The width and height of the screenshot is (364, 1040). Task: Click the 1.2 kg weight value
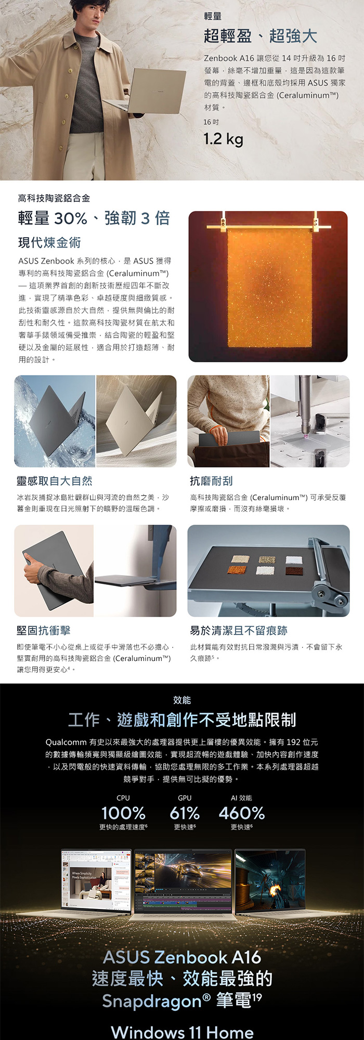point(223,139)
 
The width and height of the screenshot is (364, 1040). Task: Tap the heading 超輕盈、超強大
point(260,36)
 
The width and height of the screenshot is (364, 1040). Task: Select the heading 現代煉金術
point(49,243)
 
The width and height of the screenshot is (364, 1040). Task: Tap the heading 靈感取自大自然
point(54,481)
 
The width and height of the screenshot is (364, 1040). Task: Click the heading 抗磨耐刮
point(211,481)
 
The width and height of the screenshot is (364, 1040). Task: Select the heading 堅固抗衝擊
point(43,630)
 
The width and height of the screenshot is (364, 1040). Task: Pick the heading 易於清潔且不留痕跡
point(239,630)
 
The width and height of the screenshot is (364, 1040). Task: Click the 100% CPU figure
point(123,813)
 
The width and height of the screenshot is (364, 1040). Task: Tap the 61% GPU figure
point(185,813)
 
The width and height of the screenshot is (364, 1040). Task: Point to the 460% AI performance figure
point(242,813)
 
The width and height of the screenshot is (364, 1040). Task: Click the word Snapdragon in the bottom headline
point(151,1001)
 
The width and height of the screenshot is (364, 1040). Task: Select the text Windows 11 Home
point(182,1032)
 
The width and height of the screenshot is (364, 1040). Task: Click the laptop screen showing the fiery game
point(269,880)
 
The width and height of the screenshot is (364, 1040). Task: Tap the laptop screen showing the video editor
point(183,880)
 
